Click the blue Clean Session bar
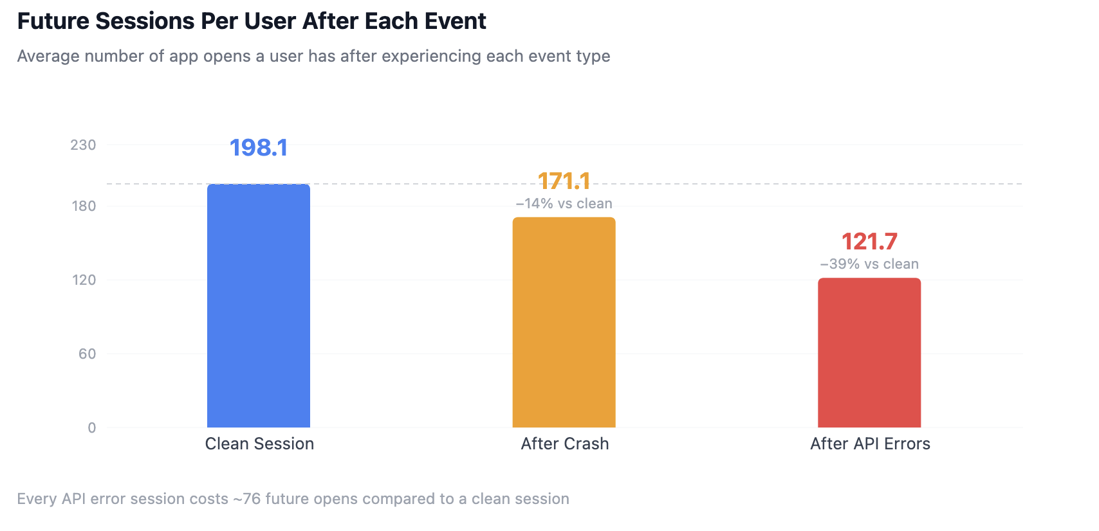[x=259, y=305]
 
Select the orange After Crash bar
[x=564, y=322]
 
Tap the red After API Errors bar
[x=869, y=352]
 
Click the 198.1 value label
[x=259, y=148]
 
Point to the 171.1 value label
[x=564, y=181]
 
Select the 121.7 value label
[x=869, y=241]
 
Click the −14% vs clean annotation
[x=564, y=204]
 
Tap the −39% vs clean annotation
[x=869, y=264]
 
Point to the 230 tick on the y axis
[x=83, y=145]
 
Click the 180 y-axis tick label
[x=84, y=206]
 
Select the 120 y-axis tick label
[x=84, y=280]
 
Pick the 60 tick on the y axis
[x=87, y=354]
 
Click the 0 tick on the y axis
[x=92, y=428]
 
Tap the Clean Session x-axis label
[x=259, y=444]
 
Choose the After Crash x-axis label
[x=565, y=444]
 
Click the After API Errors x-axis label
[x=870, y=444]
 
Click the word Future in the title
[x=53, y=21]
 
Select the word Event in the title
[x=456, y=21]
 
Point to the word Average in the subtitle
[x=48, y=56]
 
